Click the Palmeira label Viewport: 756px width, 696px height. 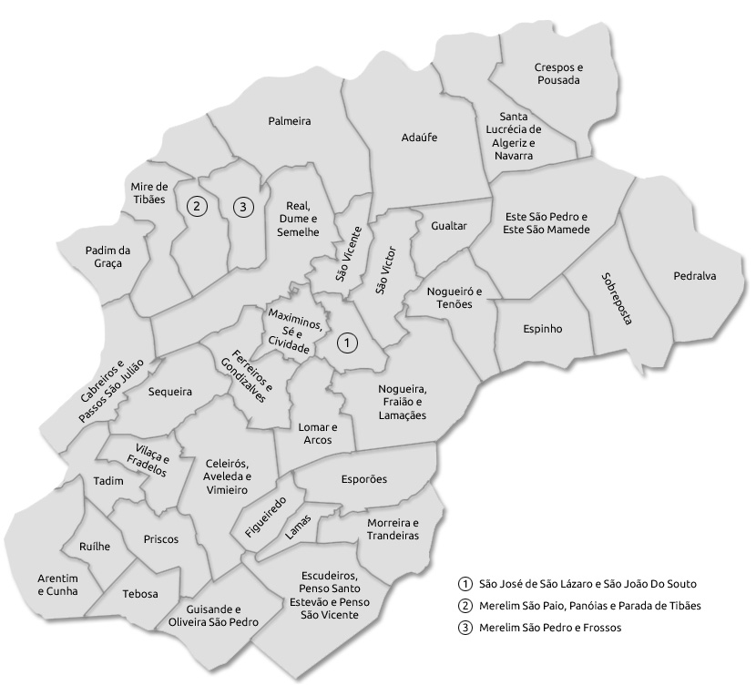coord(291,121)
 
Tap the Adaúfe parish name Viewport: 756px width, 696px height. coord(419,138)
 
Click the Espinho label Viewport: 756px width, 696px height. coord(543,328)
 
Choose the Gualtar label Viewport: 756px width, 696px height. coord(449,225)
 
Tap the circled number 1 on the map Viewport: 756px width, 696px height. coord(347,343)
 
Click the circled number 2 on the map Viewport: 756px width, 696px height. coord(195,207)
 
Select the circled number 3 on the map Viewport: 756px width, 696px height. coord(241,207)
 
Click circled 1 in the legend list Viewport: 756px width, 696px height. coord(465,584)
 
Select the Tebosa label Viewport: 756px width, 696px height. coord(140,594)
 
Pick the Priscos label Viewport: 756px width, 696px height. coord(161,538)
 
